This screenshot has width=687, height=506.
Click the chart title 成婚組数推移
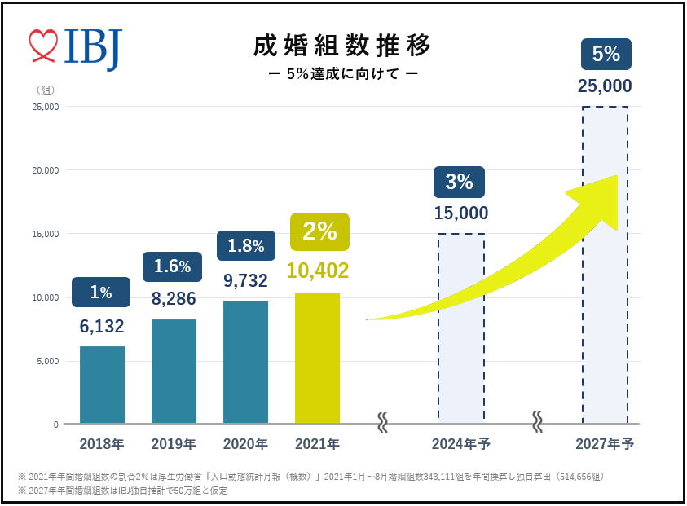click(x=342, y=46)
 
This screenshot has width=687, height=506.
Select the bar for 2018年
click(x=102, y=385)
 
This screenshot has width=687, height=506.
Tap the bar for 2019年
click(x=174, y=371)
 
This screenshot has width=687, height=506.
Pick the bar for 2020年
click(x=245, y=362)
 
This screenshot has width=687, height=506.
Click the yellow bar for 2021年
click(x=317, y=358)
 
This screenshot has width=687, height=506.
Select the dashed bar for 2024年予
click(x=461, y=328)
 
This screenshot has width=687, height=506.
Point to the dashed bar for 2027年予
click(x=605, y=265)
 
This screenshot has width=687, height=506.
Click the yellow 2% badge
click(x=319, y=231)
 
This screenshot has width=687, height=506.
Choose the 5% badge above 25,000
click(x=606, y=55)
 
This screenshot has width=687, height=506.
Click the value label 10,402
click(x=317, y=271)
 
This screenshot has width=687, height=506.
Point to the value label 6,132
click(x=102, y=327)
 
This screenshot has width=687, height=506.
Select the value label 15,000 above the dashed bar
click(x=460, y=213)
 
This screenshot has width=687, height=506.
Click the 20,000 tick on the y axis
click(x=44, y=170)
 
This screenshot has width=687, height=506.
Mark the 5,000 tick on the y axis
click(x=46, y=361)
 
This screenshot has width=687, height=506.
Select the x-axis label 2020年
click(x=245, y=444)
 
